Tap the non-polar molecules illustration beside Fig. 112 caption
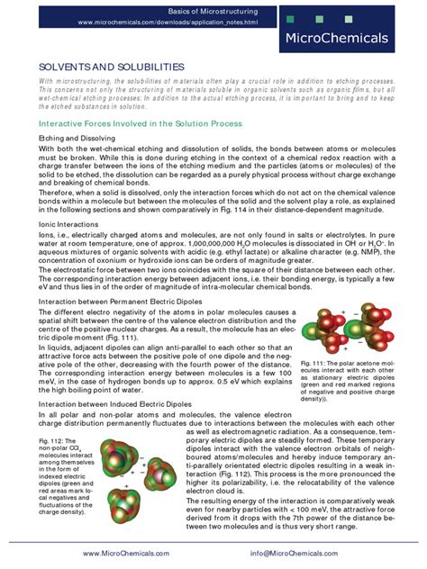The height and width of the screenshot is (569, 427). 127,465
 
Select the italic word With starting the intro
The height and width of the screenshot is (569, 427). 45,81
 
